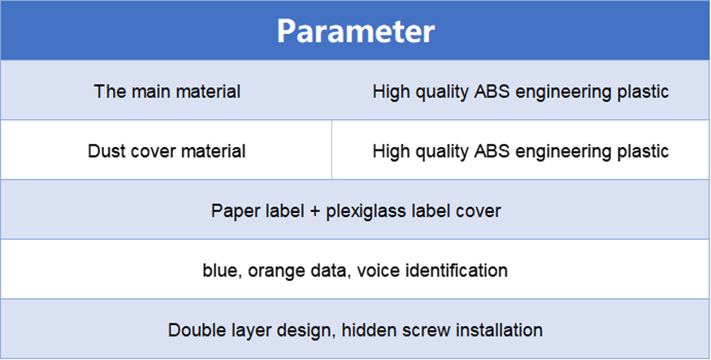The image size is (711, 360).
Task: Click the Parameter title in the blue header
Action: tap(356, 31)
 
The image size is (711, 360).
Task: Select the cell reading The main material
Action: tap(167, 92)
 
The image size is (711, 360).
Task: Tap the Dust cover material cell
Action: tap(167, 151)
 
